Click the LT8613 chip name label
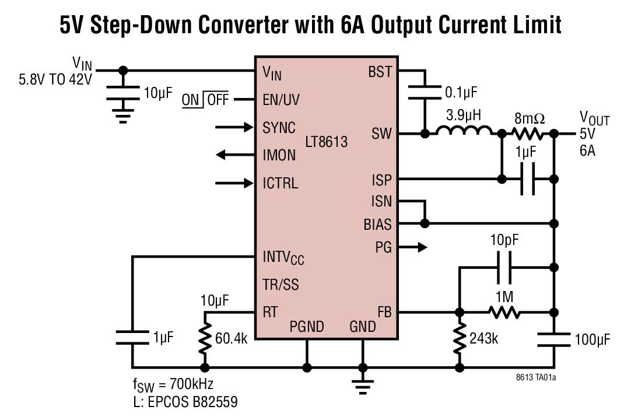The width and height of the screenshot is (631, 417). [327, 142]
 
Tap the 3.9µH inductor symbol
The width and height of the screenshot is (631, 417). [464, 134]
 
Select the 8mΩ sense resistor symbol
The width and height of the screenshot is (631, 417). [528, 134]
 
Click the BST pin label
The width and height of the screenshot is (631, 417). [380, 72]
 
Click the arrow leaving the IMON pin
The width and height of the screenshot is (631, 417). [231, 155]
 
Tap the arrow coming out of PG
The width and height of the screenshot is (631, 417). [416, 247]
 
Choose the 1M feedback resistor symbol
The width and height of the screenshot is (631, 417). [504, 313]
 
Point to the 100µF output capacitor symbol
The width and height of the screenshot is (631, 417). [554, 339]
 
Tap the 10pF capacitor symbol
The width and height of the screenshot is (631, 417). [504, 268]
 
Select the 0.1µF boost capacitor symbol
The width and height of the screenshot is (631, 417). [425, 92]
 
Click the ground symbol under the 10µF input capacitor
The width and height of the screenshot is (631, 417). [122, 117]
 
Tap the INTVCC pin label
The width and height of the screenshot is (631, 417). [283, 257]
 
